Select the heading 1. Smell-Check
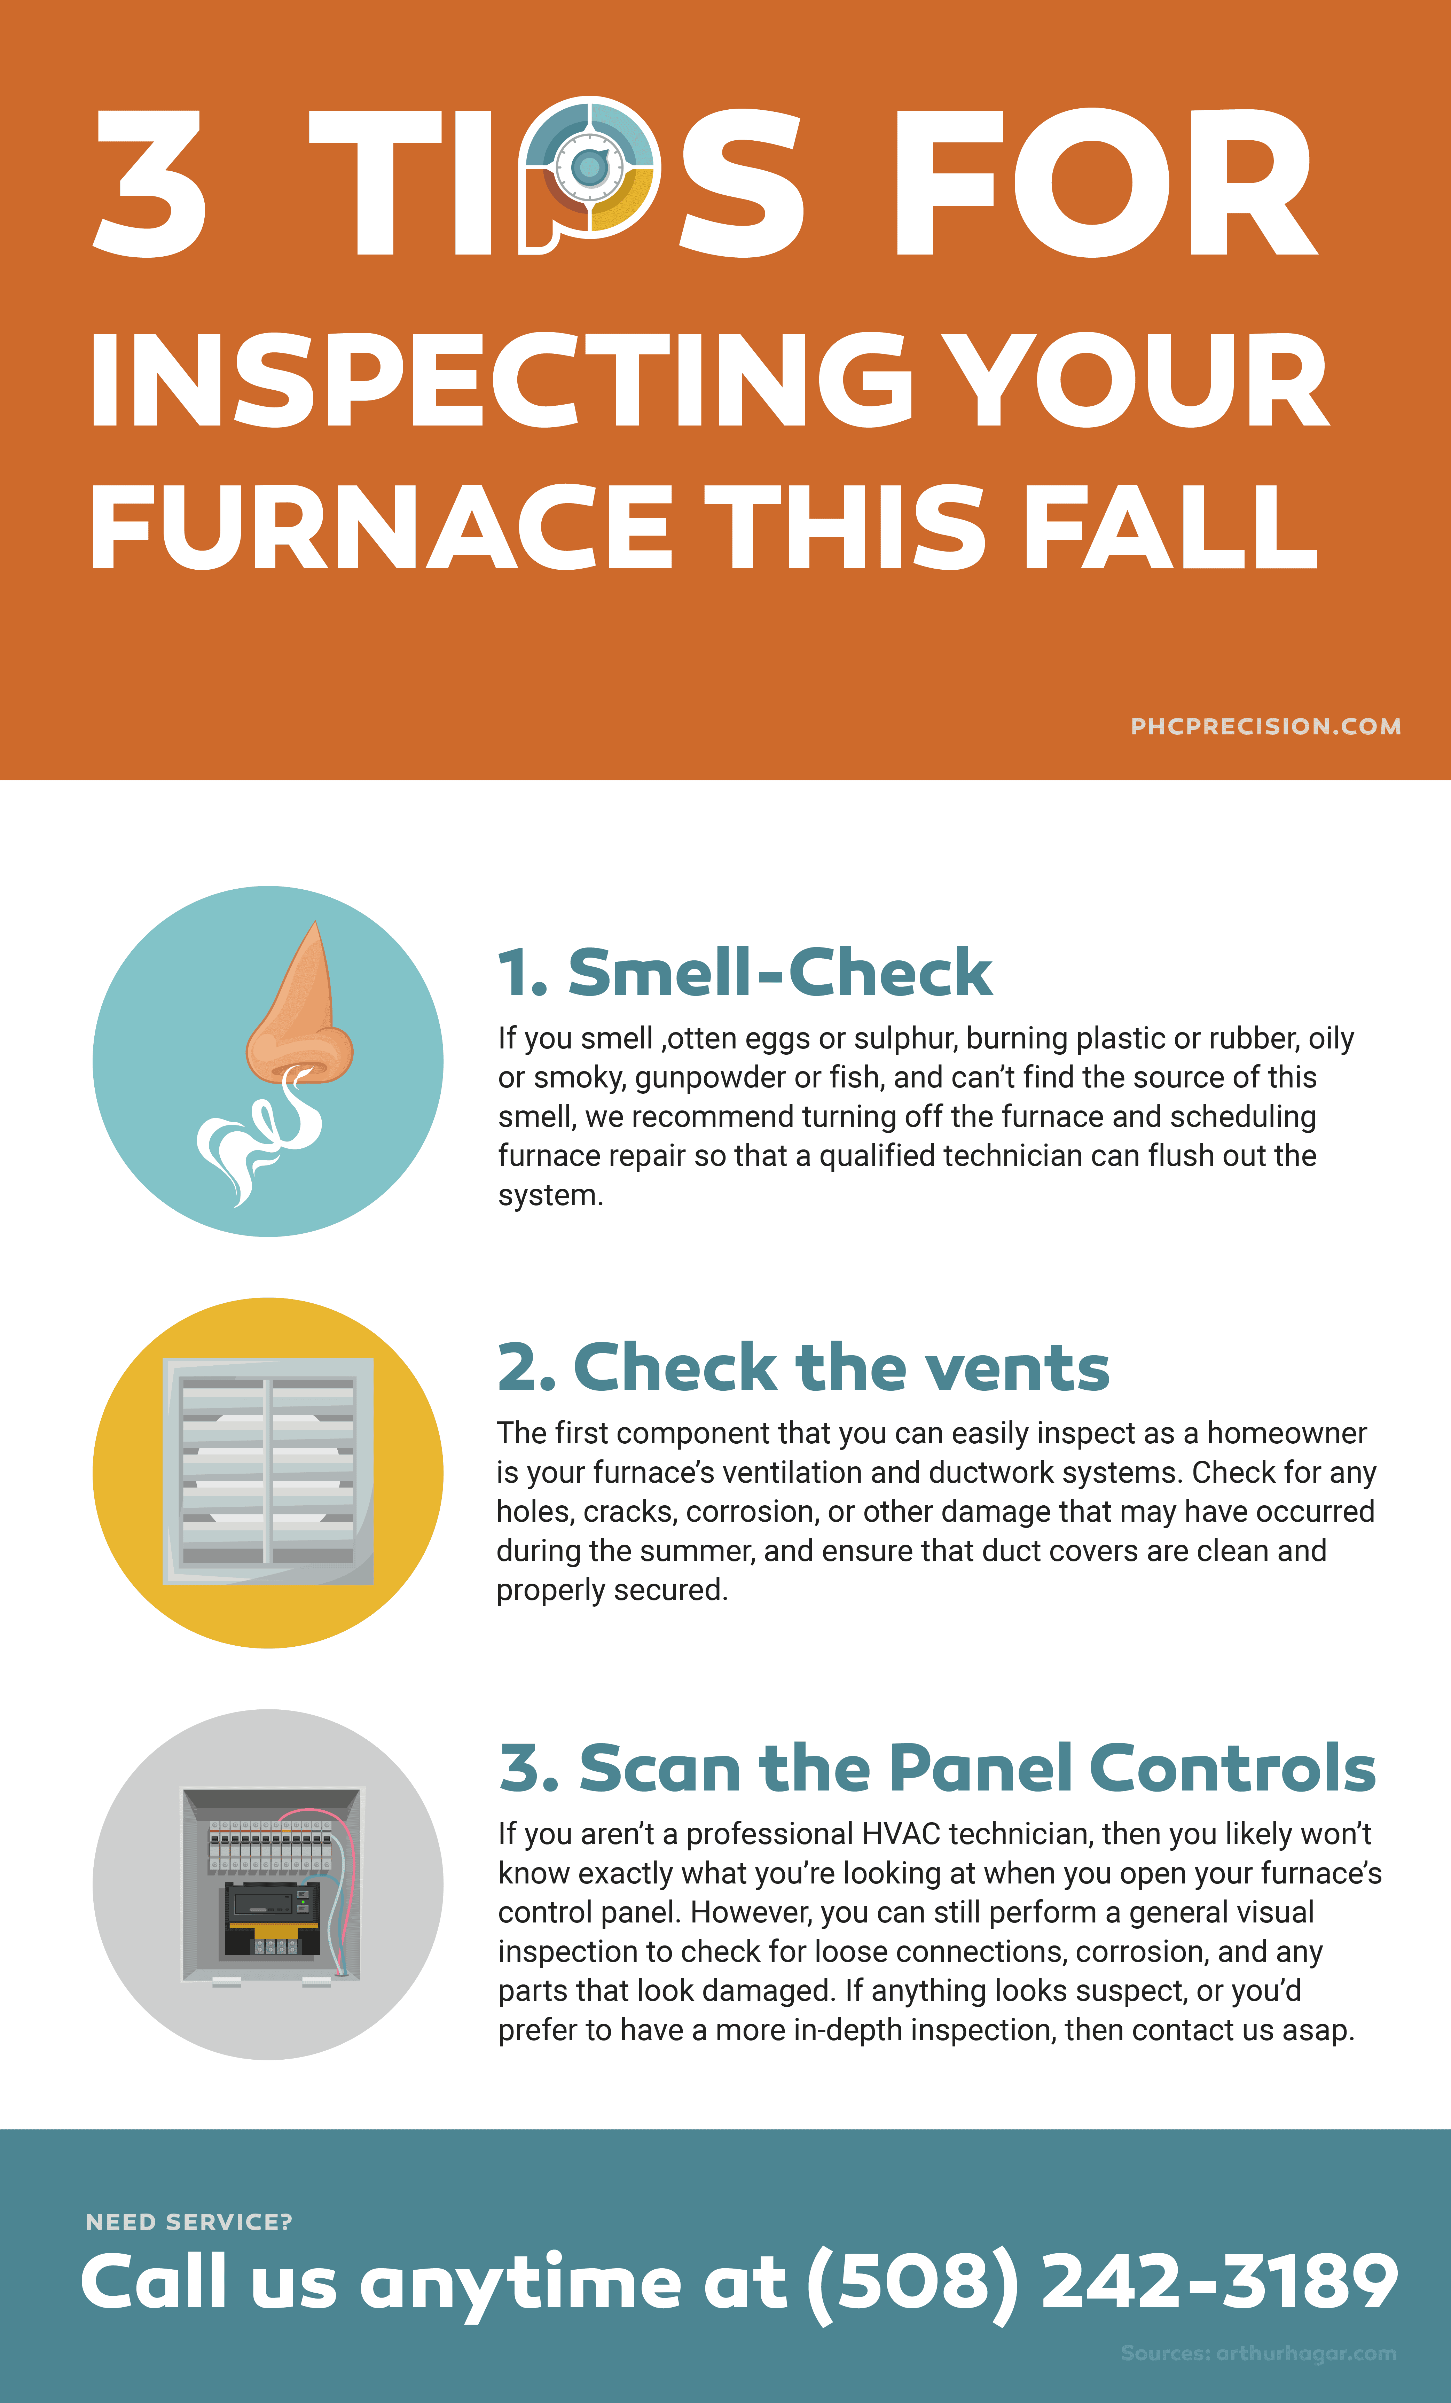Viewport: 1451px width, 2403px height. [x=745, y=973]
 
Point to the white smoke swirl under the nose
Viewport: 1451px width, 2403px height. [x=258, y=1136]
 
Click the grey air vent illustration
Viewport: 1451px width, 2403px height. [x=268, y=1471]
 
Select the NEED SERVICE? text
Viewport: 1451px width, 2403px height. [x=189, y=2222]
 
